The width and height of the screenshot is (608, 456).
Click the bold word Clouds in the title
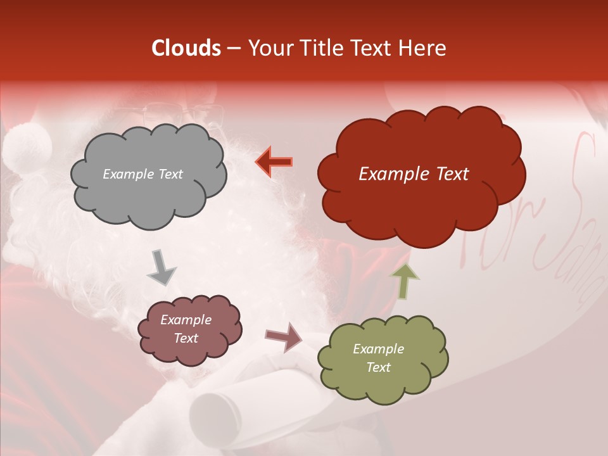coord(187,48)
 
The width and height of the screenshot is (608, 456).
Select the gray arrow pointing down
coord(161,267)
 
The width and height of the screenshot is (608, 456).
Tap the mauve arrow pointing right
coord(284,337)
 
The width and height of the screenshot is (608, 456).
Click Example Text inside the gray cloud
coord(142,174)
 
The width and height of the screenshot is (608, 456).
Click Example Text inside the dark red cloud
coord(414,174)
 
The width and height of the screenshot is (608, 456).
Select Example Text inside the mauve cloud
coord(186,329)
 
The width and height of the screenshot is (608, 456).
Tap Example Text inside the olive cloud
coord(378,358)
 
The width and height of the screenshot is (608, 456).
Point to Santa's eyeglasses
coord(184,114)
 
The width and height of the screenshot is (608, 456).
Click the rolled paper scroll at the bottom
coord(218,415)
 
